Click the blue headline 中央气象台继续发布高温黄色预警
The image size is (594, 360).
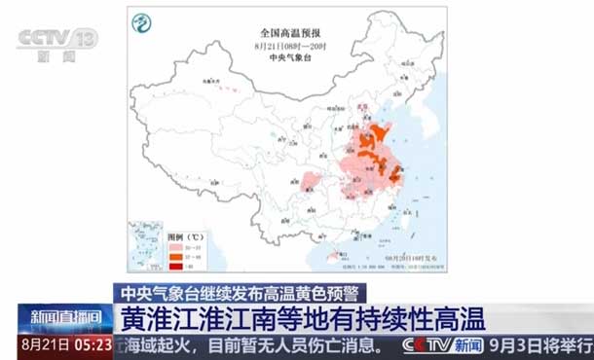click(x=237, y=292)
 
